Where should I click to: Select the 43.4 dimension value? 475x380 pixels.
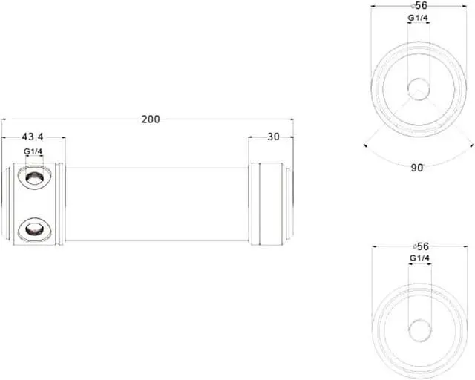(x=33, y=137)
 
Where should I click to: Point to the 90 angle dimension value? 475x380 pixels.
(x=417, y=168)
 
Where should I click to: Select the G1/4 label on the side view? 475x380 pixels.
(x=33, y=152)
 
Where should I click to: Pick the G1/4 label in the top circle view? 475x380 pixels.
(x=417, y=18)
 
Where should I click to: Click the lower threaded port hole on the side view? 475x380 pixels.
(x=34, y=229)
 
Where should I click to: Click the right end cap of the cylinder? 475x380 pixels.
(x=266, y=204)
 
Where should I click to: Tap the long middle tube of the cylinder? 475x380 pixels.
(x=157, y=204)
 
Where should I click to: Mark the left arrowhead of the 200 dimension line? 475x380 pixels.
(x=4, y=119)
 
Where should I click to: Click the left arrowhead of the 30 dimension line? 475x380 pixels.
(x=251, y=137)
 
